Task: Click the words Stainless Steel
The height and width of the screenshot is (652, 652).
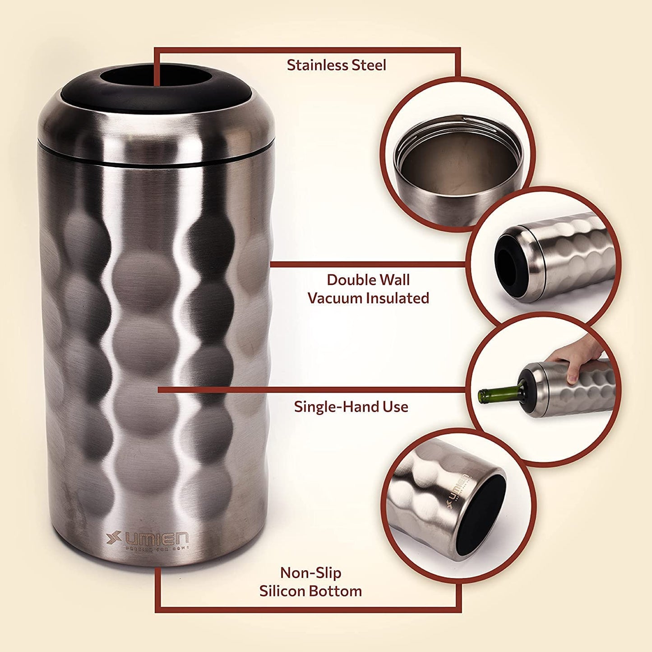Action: [x=336, y=65]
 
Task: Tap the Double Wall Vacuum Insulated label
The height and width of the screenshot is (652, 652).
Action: [x=368, y=289]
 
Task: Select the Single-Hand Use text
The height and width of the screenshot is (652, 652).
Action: [x=351, y=407]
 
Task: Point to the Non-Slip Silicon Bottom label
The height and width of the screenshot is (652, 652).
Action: [x=310, y=582]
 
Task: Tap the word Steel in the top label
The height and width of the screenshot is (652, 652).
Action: [x=368, y=65]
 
